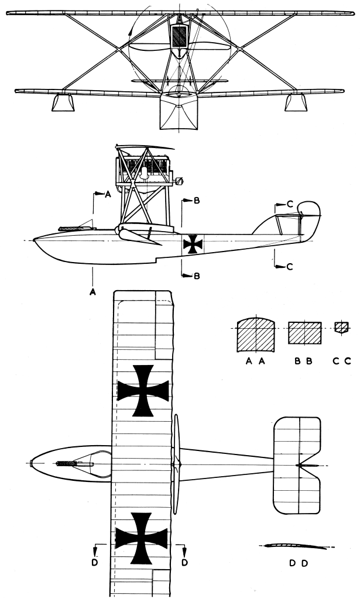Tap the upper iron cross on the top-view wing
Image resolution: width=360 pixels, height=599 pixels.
click(143, 390)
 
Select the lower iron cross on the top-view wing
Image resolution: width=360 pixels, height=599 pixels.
click(141, 538)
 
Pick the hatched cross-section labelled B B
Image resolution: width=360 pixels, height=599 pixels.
click(306, 333)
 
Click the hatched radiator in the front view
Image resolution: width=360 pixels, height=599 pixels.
click(180, 37)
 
